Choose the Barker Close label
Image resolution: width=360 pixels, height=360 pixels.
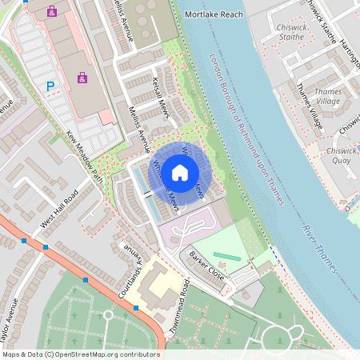pyautogui.click(x=206, y=266)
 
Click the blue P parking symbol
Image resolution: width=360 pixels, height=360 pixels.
pyautogui.click(x=50, y=86)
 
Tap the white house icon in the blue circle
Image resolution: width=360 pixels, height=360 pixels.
pyautogui.click(x=180, y=172)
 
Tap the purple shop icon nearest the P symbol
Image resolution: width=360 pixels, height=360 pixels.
pyautogui.click(x=82, y=78)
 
